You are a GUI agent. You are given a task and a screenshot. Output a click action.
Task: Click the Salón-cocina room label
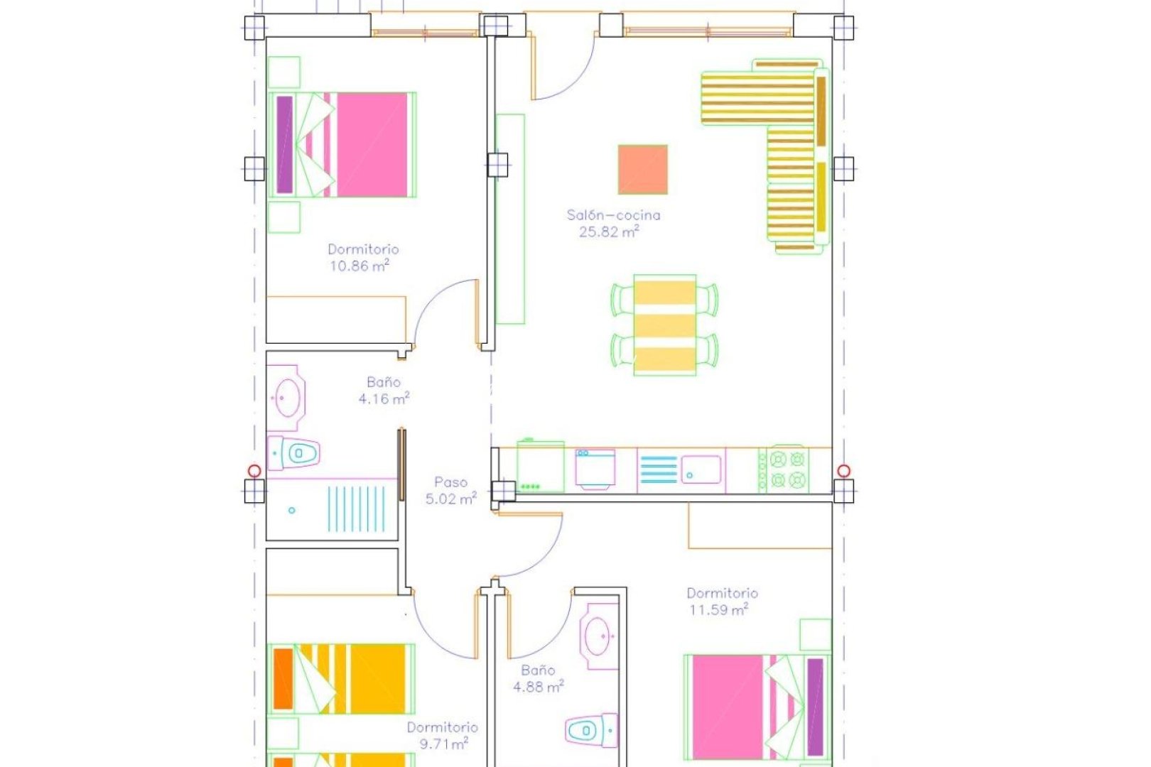[613, 214]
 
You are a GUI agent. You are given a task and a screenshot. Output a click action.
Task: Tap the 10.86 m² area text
[359, 266]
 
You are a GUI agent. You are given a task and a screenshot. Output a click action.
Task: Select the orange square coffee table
[642, 169]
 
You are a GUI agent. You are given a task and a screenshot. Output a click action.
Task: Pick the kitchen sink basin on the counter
[701, 469]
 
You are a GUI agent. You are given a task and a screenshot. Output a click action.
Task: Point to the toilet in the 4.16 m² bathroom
[298, 452]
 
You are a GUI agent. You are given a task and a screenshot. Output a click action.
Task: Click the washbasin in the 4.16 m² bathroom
[288, 396]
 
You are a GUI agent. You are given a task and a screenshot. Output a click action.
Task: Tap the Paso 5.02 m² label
[450, 491]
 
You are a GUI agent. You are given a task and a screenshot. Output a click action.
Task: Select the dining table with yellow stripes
[664, 325]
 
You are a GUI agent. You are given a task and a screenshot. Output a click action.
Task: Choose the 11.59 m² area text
[718, 610]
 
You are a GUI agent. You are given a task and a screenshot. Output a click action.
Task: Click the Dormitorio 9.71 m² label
[442, 735]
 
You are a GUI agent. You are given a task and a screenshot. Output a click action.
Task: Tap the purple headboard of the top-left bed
[284, 144]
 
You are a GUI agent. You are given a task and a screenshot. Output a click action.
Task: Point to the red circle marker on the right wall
[843, 470]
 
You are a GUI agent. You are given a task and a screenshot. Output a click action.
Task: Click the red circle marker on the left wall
[254, 470]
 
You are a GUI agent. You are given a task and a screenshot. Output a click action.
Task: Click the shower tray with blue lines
[355, 508]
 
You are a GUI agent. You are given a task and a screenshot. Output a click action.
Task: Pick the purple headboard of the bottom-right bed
[815, 707]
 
